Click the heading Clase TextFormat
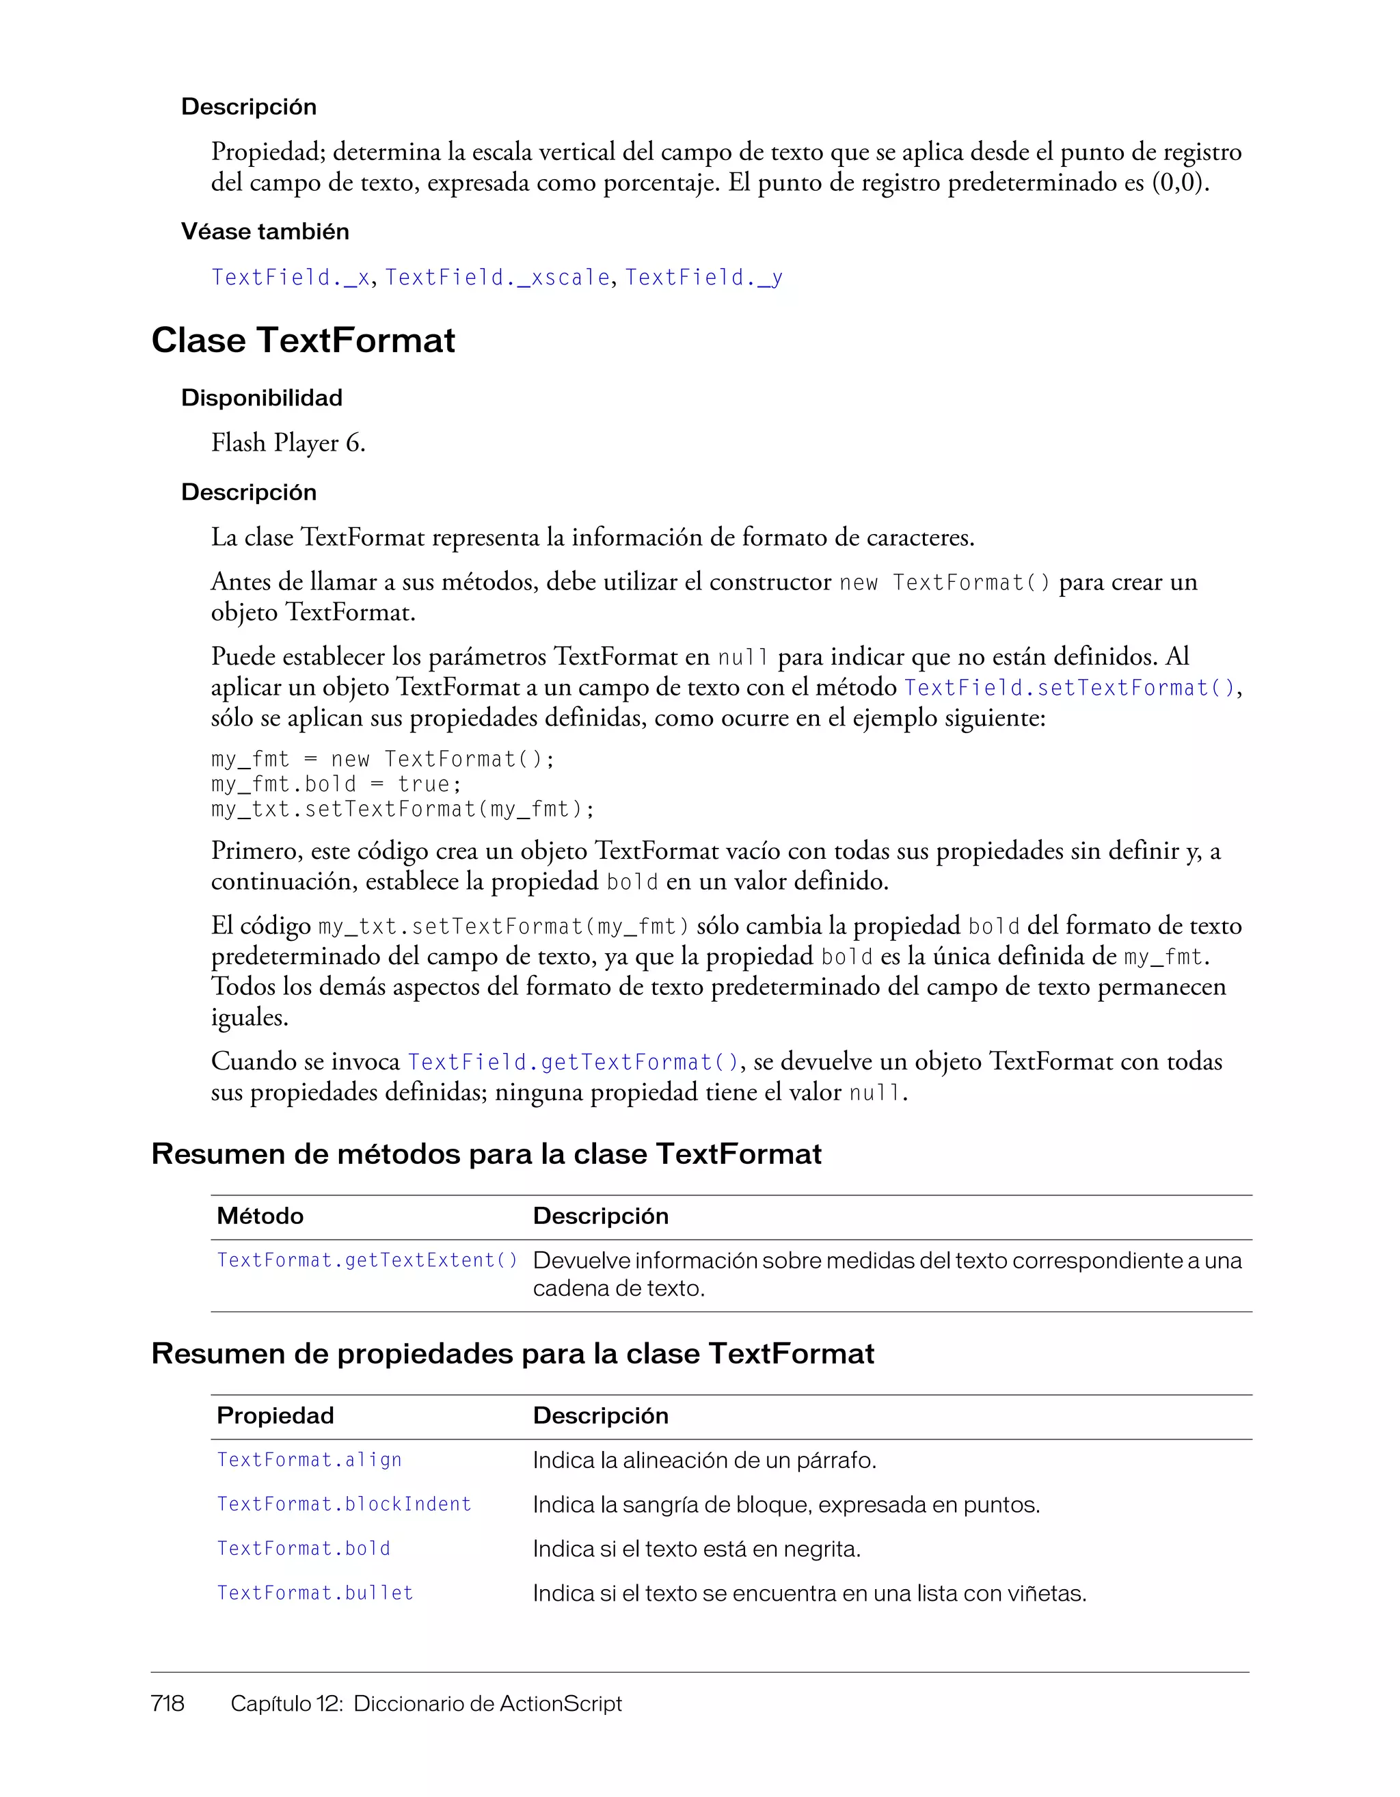[303, 341]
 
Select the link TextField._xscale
[497, 278]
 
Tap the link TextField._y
[703, 278]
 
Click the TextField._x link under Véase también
[290, 278]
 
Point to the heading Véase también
[265, 232]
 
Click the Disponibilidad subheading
[262, 398]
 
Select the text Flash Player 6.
[288, 444]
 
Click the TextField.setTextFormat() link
[1069, 688]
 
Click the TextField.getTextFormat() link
[574, 1062]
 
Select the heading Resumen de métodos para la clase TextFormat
[486, 1154]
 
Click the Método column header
[260, 1216]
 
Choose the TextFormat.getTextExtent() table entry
[367, 1260]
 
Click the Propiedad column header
[275, 1416]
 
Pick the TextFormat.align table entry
[309, 1461]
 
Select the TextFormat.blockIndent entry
[344, 1505]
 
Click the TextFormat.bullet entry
[314, 1594]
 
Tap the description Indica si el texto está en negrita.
[696, 1549]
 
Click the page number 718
[167, 1703]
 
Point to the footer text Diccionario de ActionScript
[487, 1703]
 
